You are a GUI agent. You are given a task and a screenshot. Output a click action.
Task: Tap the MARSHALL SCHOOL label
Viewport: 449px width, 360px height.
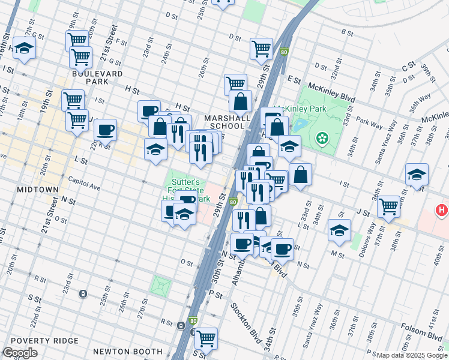coord(228,123)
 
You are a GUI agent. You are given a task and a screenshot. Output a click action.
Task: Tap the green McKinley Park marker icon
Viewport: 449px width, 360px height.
coord(323,139)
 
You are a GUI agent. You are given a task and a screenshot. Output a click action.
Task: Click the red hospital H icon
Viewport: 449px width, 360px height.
coord(442,211)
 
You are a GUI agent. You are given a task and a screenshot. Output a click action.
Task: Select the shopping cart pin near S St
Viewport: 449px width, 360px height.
coord(206,338)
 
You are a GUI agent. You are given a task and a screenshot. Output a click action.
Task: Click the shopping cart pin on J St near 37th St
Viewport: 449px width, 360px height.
coord(389,206)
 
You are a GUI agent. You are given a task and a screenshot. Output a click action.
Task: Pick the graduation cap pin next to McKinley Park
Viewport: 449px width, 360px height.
coord(289,145)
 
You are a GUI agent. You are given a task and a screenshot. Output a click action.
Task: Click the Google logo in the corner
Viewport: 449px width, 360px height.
coord(20,353)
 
